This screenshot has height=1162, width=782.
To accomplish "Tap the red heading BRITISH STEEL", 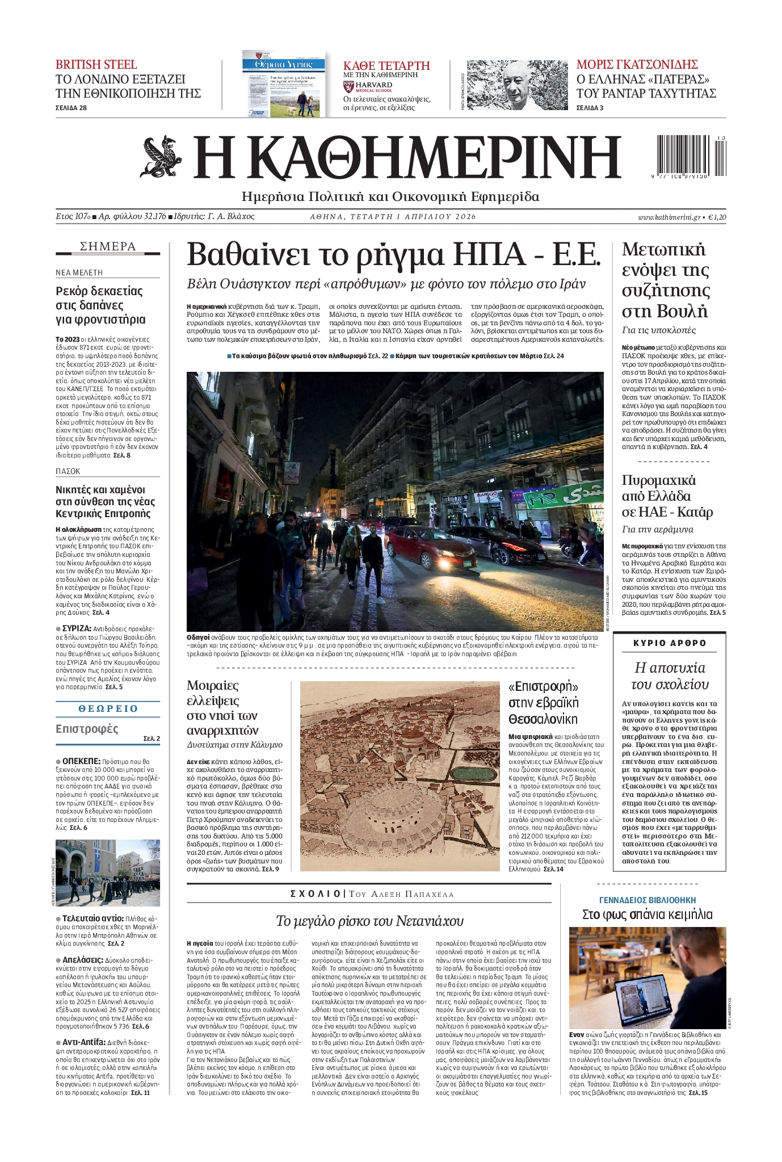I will tap(96, 64).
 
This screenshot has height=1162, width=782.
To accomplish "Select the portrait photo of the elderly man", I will tap(516, 85).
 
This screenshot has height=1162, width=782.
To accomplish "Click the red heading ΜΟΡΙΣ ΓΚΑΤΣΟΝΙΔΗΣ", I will tap(637, 64).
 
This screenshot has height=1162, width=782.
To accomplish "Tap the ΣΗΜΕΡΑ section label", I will tap(108, 246).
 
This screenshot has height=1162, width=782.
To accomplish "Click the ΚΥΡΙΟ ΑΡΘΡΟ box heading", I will tap(670, 643).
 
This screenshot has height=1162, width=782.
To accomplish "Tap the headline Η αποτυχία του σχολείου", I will tap(670, 676).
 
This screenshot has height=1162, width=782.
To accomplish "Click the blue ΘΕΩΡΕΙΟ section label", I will tap(108, 708).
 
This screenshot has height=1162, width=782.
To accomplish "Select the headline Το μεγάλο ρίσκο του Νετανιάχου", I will tap(369, 920).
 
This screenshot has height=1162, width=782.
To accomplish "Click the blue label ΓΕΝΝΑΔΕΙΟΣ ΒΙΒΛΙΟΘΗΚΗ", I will tap(648, 900).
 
